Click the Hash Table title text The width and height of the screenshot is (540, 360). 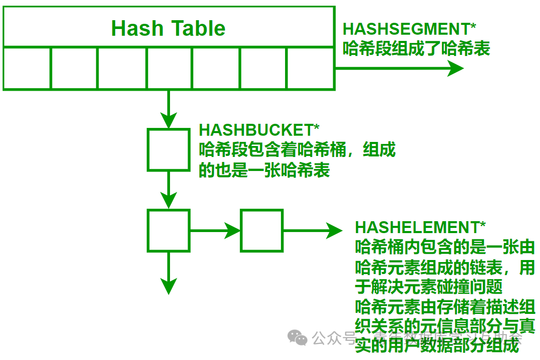point(168,28)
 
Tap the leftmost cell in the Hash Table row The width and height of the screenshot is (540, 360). point(27,68)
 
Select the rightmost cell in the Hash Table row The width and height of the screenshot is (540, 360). point(309,68)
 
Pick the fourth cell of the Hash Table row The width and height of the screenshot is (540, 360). point(169,68)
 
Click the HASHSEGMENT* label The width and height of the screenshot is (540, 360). point(409,28)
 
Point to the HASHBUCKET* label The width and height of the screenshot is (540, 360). point(260,130)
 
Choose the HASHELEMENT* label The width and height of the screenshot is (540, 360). point(420,227)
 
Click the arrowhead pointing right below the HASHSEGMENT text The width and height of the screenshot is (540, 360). point(454,68)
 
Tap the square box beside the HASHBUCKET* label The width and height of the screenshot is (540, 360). point(168,149)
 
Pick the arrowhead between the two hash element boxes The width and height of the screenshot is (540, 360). point(231,231)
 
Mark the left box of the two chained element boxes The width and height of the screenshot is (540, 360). point(168,231)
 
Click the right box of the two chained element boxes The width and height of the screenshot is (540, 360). point(262,231)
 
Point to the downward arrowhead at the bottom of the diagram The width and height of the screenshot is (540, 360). point(168,285)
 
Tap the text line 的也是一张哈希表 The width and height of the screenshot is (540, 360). point(264,170)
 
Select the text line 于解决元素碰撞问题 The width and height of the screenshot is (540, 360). point(429,286)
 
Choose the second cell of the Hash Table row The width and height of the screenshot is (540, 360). point(74,68)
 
